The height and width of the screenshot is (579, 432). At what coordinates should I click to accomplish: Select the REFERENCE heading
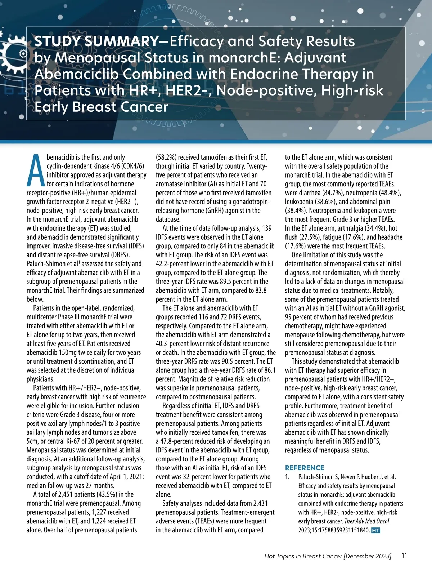point(305,468)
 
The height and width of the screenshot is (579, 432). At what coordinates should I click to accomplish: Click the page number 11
point(404,556)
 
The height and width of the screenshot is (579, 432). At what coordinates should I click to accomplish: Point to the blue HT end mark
point(375,530)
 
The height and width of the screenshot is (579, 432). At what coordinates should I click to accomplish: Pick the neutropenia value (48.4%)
point(390,193)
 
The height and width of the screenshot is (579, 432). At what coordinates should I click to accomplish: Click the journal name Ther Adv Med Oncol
point(367,521)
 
